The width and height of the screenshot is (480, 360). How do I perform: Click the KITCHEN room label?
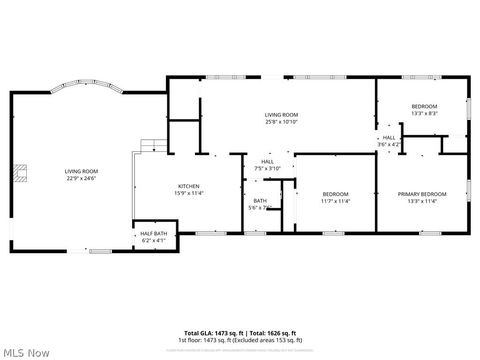(190, 186)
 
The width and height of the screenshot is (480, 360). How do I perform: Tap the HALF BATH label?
(152, 234)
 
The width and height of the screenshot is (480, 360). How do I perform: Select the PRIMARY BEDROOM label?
(422, 194)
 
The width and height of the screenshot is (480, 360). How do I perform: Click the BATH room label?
(259, 201)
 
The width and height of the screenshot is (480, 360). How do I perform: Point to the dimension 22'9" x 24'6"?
(79, 179)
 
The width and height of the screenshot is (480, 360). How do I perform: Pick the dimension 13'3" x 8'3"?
(424, 113)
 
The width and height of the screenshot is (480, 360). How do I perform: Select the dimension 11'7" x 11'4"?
(335, 201)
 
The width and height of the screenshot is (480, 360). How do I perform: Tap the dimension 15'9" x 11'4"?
(190, 193)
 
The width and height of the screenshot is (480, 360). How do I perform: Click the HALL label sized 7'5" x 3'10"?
(268, 161)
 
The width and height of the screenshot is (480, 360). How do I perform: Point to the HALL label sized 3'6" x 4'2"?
(389, 138)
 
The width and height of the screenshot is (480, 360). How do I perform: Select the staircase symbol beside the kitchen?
(149, 146)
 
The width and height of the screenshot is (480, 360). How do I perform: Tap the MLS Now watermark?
(27, 351)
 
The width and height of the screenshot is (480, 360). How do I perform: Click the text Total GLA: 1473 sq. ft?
(215, 333)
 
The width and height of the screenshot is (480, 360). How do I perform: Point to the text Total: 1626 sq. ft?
(274, 333)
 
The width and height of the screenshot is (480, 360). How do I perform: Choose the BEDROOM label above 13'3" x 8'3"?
(424, 106)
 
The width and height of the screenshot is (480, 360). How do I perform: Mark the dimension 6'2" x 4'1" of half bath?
(152, 241)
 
